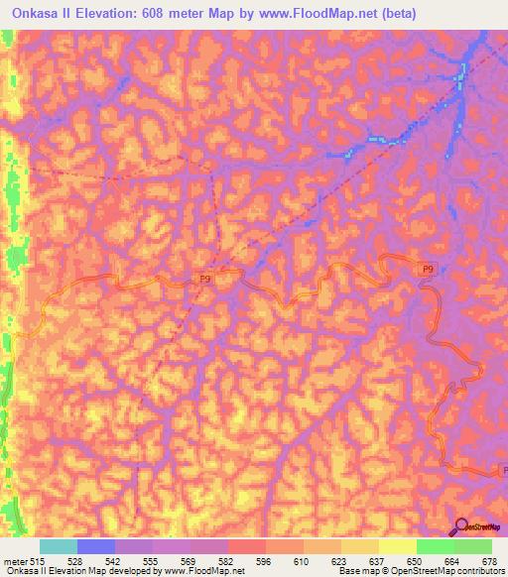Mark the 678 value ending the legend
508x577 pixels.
[490, 561]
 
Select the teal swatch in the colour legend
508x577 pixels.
[58, 546]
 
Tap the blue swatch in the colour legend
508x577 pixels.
[95, 546]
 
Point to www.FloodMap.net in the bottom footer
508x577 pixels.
[210, 572]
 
